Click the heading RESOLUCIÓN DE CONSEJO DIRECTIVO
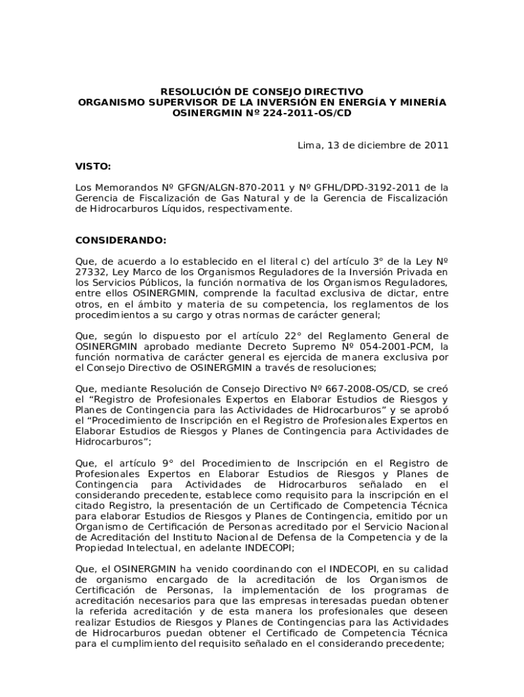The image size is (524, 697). click(262, 91)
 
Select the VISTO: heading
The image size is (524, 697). click(93, 166)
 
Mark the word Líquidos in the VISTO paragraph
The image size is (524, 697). click(181, 209)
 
